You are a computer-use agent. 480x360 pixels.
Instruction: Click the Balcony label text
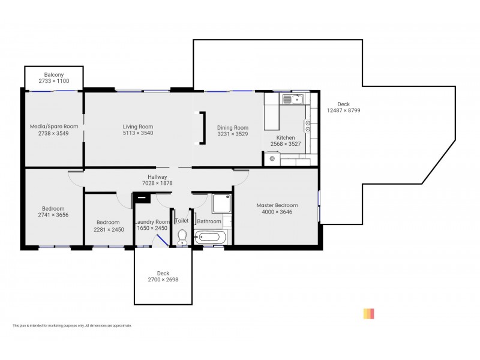coord(54,74)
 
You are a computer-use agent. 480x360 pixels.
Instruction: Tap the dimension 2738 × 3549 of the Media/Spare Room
coord(54,133)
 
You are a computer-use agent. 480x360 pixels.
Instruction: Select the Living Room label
coord(138,127)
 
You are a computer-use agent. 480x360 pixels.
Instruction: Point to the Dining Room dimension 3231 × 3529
coord(232,134)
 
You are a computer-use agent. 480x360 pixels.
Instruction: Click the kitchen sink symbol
coord(294,98)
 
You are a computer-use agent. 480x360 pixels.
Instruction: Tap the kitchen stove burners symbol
coord(308,125)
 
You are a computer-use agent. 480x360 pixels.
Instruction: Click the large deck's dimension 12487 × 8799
coord(343,110)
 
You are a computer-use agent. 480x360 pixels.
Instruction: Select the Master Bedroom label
coord(277,205)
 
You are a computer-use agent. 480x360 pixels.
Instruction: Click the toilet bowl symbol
coord(182,237)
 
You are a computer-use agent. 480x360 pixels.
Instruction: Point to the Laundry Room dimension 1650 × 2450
coord(152,229)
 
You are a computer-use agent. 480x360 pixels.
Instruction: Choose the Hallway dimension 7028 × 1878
coord(157,183)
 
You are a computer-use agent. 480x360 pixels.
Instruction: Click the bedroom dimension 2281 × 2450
coord(109,229)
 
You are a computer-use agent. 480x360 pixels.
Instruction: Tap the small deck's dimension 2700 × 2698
coord(163,280)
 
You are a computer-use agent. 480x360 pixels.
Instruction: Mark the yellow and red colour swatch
coord(368,313)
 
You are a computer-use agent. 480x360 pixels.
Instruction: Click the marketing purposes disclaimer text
coord(72,326)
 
